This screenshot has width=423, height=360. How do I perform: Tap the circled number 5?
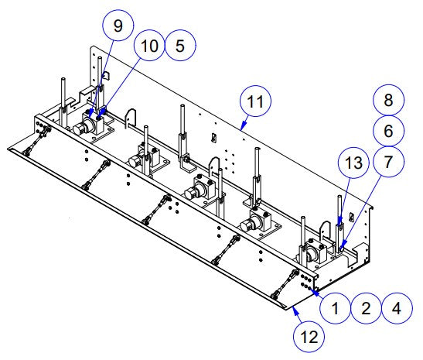coord(179,46)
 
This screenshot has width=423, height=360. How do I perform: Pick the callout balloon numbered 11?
coord(255,101)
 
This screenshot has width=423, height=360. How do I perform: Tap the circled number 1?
coord(335,307)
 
